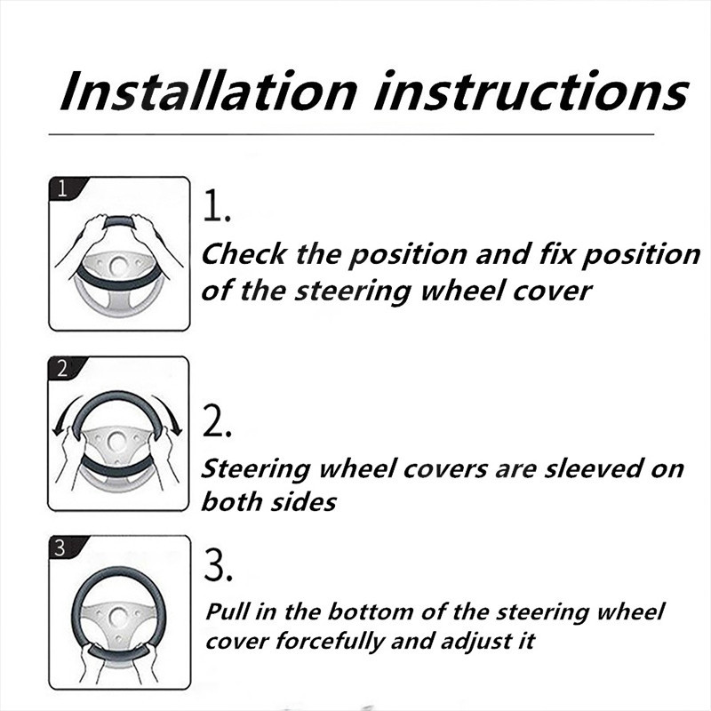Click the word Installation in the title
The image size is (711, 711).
[x=209, y=91]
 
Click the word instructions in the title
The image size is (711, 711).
[x=531, y=91]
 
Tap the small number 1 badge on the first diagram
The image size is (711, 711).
[x=63, y=188]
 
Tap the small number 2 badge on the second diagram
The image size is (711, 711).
[x=62, y=368]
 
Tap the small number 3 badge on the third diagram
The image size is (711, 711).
[x=60, y=547]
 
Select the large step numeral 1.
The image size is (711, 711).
[x=217, y=206]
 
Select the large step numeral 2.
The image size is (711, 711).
[x=217, y=421]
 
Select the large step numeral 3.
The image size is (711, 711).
[x=218, y=564]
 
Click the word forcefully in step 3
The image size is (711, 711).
[x=330, y=642]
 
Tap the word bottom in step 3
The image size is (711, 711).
[x=370, y=611]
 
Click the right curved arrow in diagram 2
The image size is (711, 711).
[x=170, y=413]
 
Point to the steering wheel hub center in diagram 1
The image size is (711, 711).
[x=119, y=267]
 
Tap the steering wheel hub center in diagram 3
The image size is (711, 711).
[x=118, y=618]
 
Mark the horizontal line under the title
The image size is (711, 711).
[x=351, y=134]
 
